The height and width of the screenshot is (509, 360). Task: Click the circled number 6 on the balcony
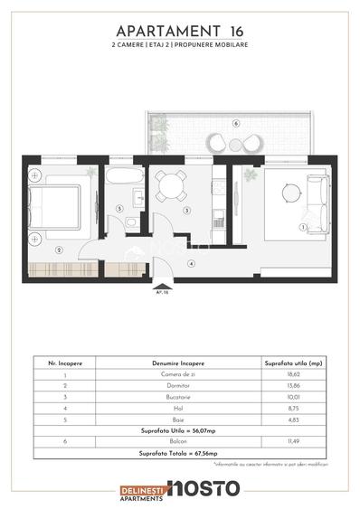(234, 123)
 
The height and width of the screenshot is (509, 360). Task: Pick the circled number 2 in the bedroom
(58, 249)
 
